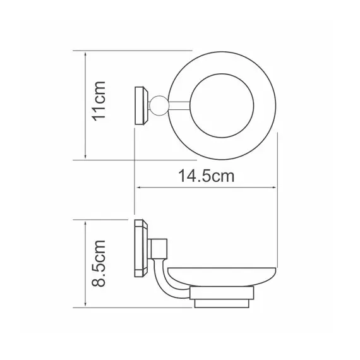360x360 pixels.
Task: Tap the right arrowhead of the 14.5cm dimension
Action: [x=275, y=188]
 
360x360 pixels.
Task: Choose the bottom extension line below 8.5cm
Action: [x=126, y=307]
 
